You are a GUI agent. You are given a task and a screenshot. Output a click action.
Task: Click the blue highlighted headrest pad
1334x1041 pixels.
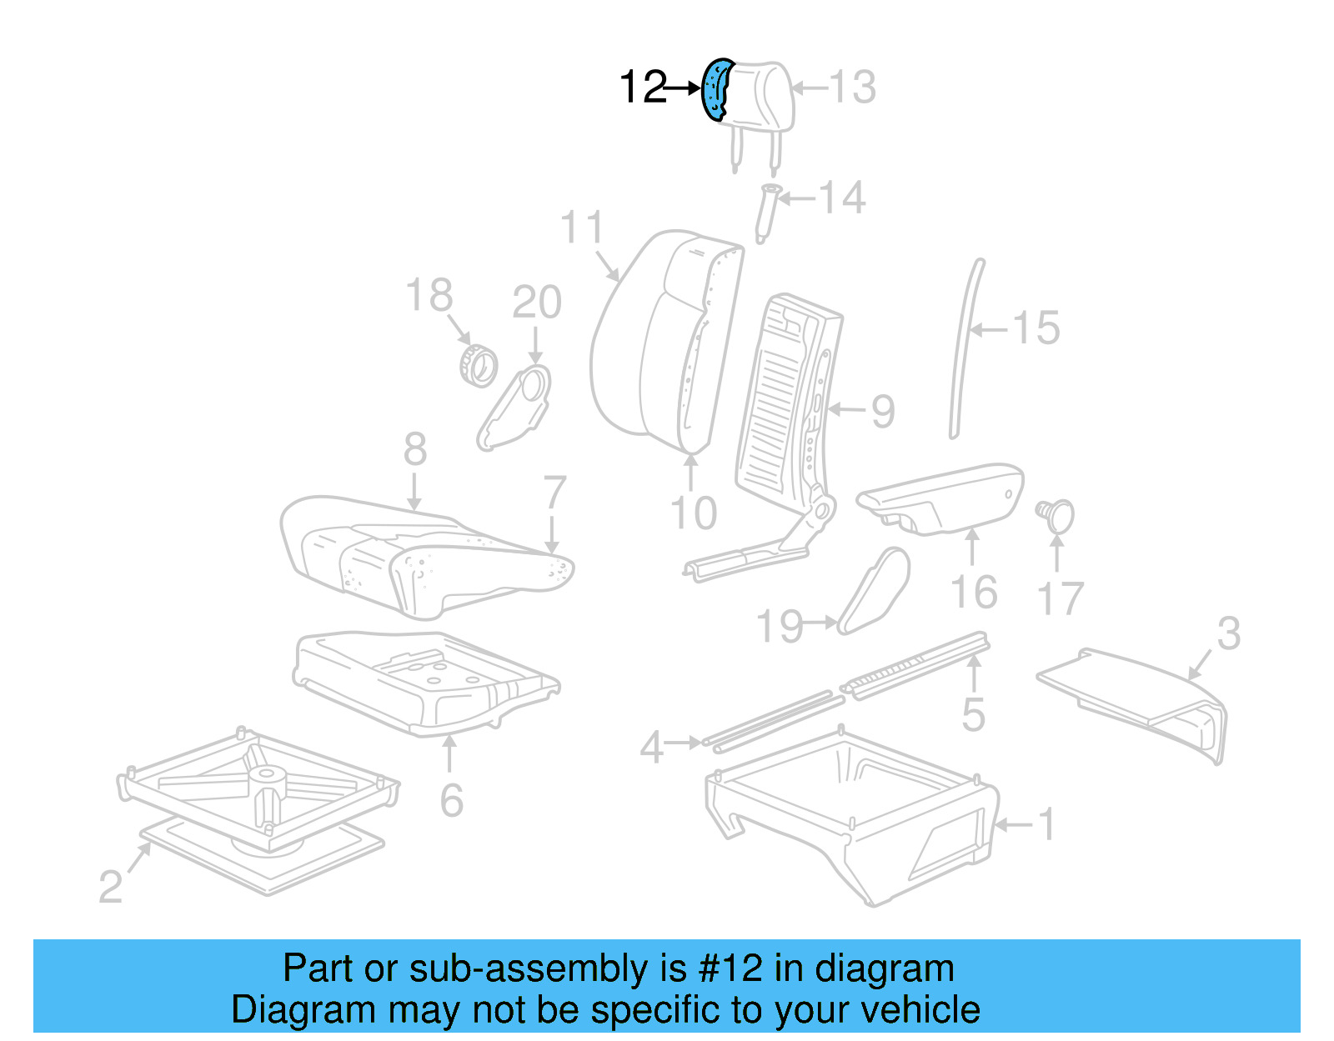[x=715, y=89]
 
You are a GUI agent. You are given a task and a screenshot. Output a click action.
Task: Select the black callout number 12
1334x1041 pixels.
[x=644, y=87]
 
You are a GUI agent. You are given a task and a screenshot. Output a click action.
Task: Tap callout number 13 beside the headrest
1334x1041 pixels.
[x=853, y=87]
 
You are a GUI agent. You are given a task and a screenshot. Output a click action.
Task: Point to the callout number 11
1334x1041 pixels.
[x=581, y=228]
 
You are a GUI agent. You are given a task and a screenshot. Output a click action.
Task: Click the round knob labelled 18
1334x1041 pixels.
[x=479, y=365]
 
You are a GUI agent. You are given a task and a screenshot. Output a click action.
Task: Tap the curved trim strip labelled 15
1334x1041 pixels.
[x=966, y=350]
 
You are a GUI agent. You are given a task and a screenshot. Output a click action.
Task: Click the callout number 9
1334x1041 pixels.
[x=883, y=411]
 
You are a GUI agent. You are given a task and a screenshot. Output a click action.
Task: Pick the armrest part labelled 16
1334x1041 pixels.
[x=942, y=498]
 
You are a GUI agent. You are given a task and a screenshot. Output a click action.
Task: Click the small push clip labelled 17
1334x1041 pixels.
[x=1057, y=515]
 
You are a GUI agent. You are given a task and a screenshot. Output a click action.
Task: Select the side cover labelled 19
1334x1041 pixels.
[x=874, y=590]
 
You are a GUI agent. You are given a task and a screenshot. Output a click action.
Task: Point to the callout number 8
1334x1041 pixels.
[x=415, y=449]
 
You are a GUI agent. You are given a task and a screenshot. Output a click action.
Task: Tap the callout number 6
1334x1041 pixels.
[x=451, y=800]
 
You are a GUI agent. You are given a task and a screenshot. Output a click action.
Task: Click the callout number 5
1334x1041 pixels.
[x=973, y=714]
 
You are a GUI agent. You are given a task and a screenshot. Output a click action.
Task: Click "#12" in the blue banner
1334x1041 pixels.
[x=730, y=968]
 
